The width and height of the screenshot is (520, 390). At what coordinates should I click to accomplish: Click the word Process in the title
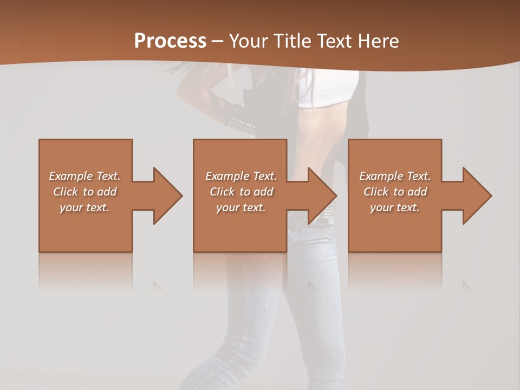pyautogui.click(x=170, y=41)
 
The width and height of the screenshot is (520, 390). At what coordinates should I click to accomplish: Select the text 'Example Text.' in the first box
pyautogui.click(x=85, y=176)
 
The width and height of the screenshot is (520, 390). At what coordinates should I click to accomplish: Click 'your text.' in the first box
pyautogui.click(x=85, y=207)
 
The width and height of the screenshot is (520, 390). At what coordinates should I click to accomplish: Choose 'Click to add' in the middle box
pyautogui.click(x=241, y=192)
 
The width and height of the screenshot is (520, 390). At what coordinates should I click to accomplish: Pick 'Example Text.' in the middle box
pyautogui.click(x=241, y=176)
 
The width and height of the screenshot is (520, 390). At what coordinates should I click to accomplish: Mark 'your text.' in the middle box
pyautogui.click(x=241, y=207)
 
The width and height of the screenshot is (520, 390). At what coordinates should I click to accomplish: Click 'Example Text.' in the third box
pyautogui.click(x=395, y=176)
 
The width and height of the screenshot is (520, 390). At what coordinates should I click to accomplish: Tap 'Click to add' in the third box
pyautogui.click(x=395, y=192)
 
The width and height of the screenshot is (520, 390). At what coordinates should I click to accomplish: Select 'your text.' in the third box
pyautogui.click(x=395, y=207)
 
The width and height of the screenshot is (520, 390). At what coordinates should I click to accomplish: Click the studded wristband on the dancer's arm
pyautogui.click(x=241, y=126)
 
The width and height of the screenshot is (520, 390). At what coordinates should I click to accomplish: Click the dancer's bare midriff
pyautogui.click(x=320, y=135)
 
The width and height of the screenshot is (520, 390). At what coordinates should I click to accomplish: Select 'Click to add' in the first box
pyautogui.click(x=85, y=192)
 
